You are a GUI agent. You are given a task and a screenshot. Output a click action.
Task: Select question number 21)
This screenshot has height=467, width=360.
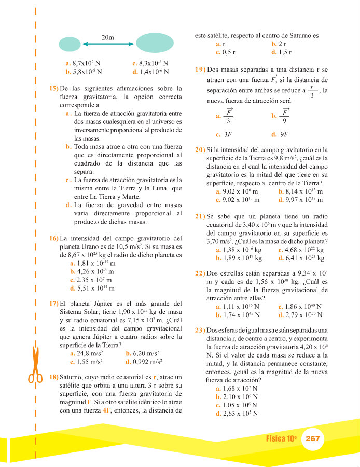click(200, 216)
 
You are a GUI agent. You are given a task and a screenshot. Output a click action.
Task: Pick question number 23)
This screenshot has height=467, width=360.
click(200, 330)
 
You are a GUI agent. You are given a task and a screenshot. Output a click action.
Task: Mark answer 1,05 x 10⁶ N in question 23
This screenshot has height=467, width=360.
click(239, 405)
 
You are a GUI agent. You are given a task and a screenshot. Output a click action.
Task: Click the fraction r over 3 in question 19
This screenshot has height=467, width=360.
click(311, 91)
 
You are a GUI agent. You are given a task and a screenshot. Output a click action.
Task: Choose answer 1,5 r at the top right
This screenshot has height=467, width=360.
click(283, 52)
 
